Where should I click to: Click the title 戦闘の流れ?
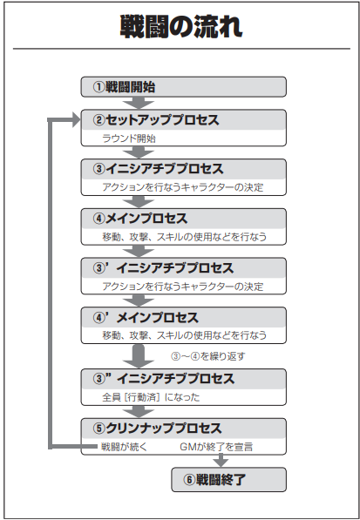click(x=181, y=26)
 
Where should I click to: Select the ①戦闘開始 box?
click(x=183, y=87)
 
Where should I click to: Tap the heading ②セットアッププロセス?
click(x=156, y=120)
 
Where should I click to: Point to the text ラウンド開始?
click(x=129, y=138)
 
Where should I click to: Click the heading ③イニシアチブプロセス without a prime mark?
click(x=159, y=169)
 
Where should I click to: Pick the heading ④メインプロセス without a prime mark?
click(x=140, y=219)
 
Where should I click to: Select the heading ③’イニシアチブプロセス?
click(x=163, y=268)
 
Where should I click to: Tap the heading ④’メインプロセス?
click(x=146, y=317)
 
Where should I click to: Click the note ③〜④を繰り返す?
click(x=208, y=356)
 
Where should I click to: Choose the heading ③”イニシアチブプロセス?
click(x=164, y=379)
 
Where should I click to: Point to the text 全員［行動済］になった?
click(x=151, y=397)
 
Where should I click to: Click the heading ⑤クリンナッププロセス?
click(x=157, y=429)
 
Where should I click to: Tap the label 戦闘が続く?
click(x=124, y=447)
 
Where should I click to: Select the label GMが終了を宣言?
click(x=216, y=447)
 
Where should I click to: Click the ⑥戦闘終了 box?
click(x=228, y=480)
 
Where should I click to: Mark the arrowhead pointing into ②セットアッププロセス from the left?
click(x=77, y=119)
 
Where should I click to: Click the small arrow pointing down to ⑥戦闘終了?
click(x=221, y=460)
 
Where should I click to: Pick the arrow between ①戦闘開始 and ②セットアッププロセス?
click(x=139, y=103)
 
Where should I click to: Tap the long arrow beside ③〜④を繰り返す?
click(x=139, y=356)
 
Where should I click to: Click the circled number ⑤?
click(x=98, y=429)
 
